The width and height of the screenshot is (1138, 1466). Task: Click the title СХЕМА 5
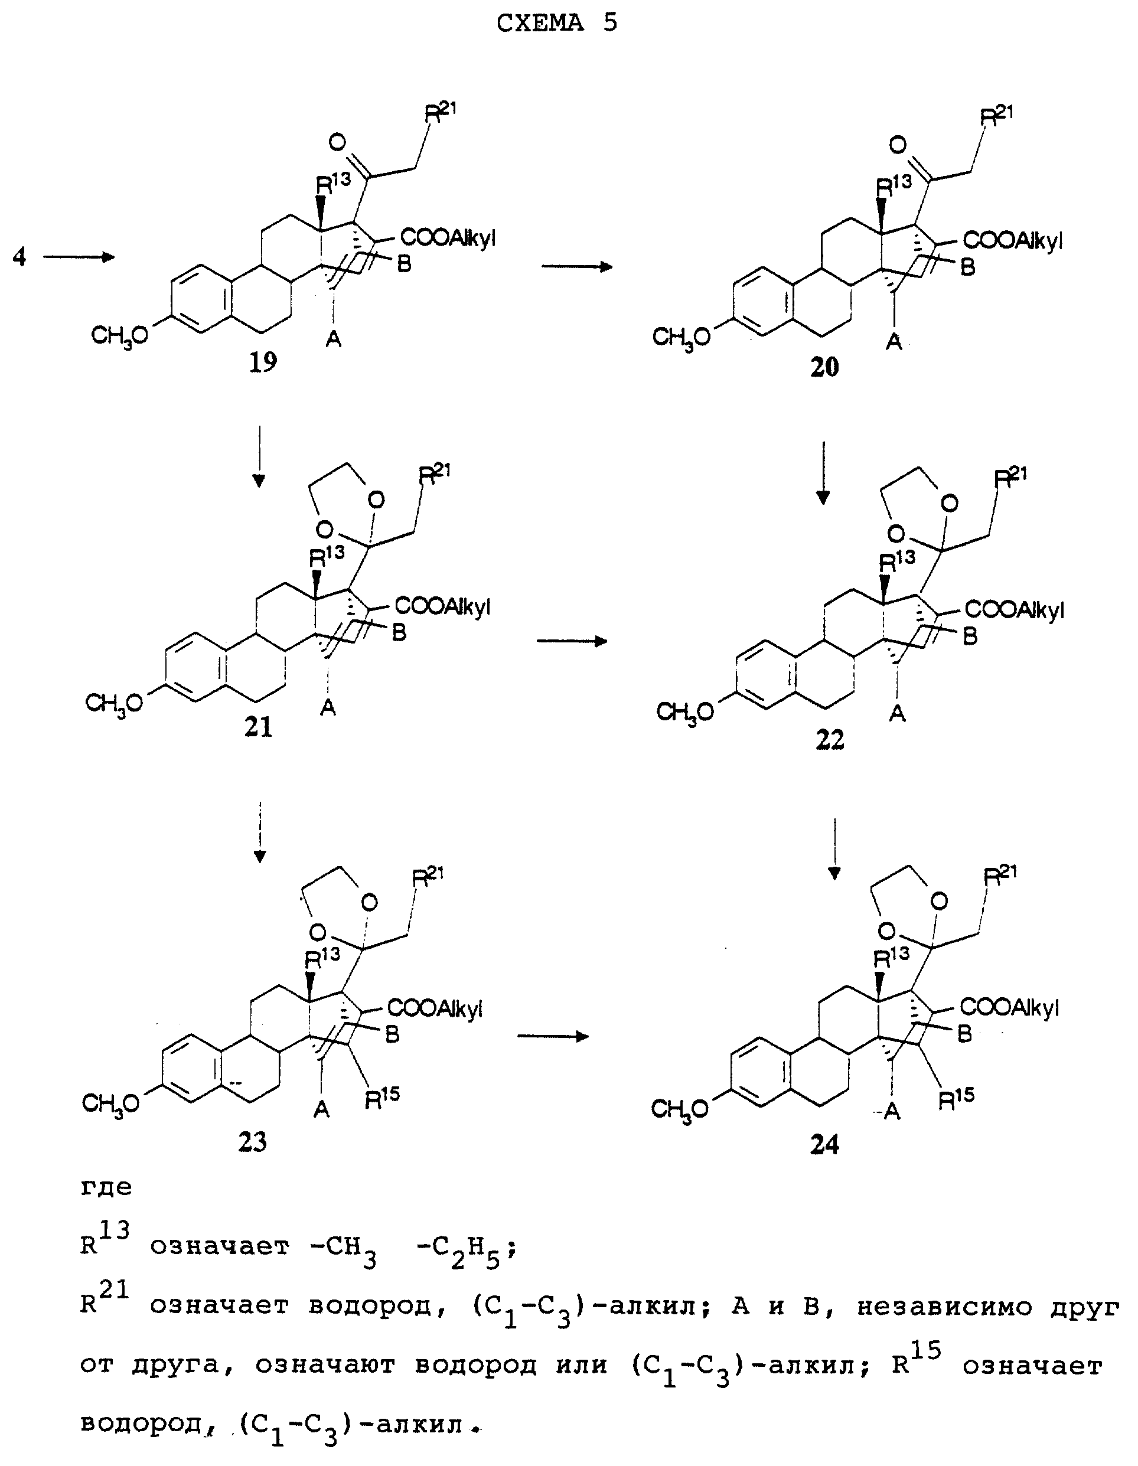[556, 23]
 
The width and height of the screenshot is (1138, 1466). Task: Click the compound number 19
[263, 363]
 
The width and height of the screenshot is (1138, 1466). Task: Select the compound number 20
[824, 367]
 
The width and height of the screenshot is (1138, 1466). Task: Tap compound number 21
[259, 727]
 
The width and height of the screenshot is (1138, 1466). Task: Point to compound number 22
[830, 740]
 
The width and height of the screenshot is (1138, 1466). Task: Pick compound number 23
[252, 1141]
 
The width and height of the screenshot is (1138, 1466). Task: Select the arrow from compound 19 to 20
[578, 267]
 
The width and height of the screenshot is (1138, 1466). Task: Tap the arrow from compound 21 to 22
[572, 641]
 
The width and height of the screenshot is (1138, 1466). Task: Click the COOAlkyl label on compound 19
[448, 239]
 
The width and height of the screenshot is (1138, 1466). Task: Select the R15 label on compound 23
[381, 1098]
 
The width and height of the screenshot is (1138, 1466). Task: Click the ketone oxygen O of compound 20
[898, 143]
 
